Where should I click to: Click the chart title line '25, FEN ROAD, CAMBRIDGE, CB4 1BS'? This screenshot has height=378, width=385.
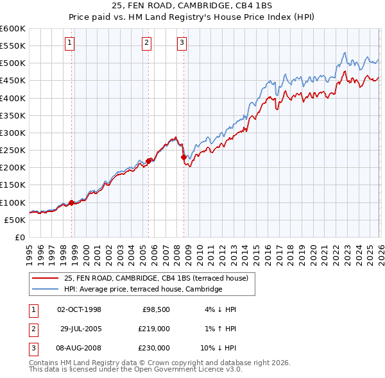tap(193, 6)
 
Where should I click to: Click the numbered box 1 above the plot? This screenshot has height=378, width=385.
tap(69, 43)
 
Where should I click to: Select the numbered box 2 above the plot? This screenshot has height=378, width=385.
tap(146, 43)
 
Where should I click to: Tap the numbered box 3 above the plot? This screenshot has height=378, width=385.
tap(182, 43)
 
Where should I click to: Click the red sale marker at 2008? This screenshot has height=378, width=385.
tap(184, 157)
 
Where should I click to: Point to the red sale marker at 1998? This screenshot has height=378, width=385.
tap(71, 202)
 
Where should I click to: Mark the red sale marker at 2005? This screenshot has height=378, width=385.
tap(148, 161)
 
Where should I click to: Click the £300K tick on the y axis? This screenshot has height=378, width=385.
tap(13, 133)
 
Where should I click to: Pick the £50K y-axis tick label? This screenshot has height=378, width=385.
tap(15, 220)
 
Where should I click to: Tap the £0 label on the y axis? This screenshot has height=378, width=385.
tap(20, 237)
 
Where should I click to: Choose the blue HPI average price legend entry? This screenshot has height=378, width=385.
tap(142, 290)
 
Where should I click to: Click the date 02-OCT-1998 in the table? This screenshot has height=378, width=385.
tap(80, 309)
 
